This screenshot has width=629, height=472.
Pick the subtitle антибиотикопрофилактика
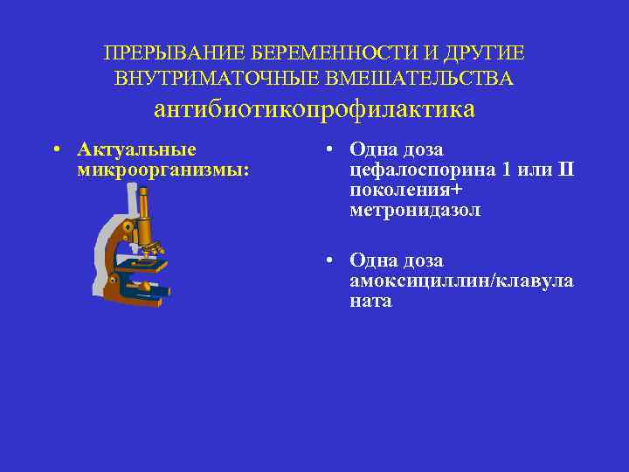[314, 109]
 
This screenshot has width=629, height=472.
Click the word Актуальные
[136, 149]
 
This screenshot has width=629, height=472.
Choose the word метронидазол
[415, 210]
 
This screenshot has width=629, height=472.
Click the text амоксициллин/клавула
[461, 281]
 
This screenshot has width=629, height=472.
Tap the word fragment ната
[370, 301]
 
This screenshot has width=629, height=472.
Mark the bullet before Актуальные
[55, 149]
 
